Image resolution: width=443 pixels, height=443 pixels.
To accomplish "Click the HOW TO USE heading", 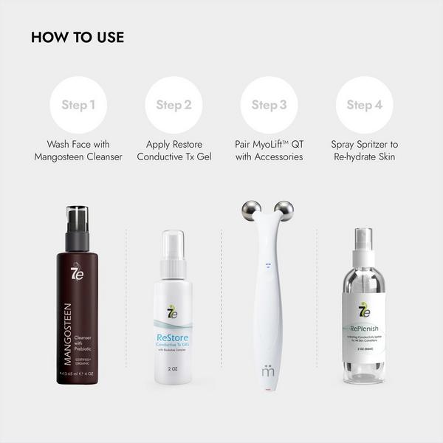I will pyautogui.click(x=78, y=38).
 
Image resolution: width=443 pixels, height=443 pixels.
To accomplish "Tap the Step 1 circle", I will pyautogui.click(x=78, y=105).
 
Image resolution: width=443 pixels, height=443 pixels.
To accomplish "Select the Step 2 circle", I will pyautogui.click(x=174, y=105).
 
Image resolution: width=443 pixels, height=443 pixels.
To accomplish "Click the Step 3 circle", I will pyautogui.click(x=269, y=105).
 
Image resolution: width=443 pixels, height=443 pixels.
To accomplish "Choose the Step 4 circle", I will pyautogui.click(x=364, y=105).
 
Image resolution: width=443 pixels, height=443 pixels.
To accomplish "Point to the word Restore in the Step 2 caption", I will pyautogui.click(x=185, y=144).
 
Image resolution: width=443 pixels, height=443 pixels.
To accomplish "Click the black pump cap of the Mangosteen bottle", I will pyautogui.click(x=78, y=225).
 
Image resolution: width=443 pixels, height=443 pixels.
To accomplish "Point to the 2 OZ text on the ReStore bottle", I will pyautogui.click(x=173, y=367).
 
